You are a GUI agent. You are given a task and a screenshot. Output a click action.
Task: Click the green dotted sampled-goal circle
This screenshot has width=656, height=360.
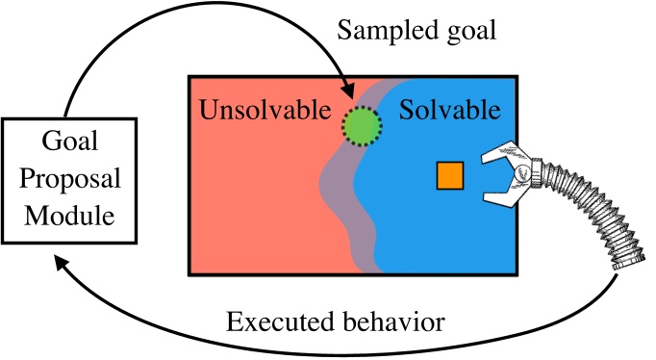click(x=362, y=124)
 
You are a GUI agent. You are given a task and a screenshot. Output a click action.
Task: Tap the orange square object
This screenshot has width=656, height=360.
click(x=450, y=175)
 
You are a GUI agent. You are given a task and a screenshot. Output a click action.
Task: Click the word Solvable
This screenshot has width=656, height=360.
click(x=450, y=110)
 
